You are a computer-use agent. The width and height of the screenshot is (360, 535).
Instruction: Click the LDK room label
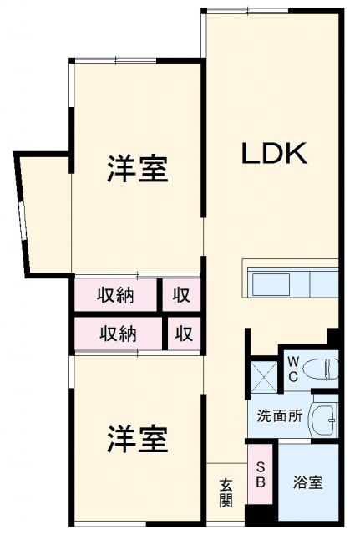coord(276,153)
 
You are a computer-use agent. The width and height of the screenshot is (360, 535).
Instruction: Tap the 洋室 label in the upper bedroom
coord(137,169)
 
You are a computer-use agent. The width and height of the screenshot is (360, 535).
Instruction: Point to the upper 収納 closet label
coord(116,294)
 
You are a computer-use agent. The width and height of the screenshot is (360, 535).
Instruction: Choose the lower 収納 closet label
coord(118,334)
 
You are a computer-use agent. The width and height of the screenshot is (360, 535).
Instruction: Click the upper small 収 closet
coord(181,294)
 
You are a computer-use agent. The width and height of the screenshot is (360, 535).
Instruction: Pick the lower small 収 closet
coord(184,334)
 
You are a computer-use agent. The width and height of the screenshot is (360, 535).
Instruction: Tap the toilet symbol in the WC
coord(322,367)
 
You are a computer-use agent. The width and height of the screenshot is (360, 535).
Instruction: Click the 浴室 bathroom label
coord(307,482)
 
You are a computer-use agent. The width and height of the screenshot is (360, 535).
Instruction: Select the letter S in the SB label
coord(261,467)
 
